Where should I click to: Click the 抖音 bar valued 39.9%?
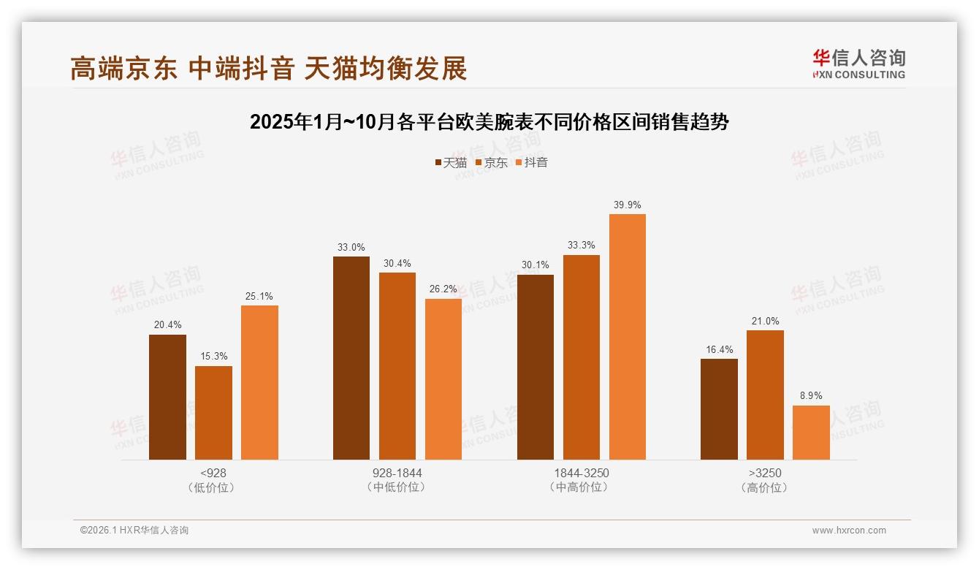[627, 337]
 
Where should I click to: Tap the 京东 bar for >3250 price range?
[765, 395]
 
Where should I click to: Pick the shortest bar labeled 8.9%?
[811, 433]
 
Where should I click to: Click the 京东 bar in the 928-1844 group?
[397, 366]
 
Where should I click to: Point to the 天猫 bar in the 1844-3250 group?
[536, 367]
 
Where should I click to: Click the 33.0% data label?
[351, 248]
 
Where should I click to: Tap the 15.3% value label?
[213, 357]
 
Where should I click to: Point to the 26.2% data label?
[443, 289]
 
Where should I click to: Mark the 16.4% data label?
[719, 350]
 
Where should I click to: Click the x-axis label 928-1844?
[397, 473]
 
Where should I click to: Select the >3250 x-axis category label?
[765, 473]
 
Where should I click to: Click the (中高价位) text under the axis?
[581, 487]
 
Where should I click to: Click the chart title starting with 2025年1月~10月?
[489, 122]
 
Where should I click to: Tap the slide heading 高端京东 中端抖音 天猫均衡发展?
[268, 69]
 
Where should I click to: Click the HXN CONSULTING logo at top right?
[858, 64]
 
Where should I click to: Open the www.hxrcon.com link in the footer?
[849, 531]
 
